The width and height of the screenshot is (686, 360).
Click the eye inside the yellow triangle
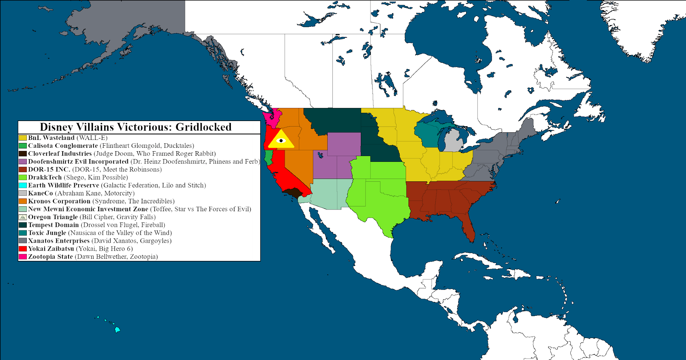click(x=281, y=141)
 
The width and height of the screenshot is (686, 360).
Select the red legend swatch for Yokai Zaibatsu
click(x=23, y=249)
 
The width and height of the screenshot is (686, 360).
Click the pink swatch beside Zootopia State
click(x=23, y=256)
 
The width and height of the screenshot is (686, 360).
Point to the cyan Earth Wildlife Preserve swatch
click(x=23, y=185)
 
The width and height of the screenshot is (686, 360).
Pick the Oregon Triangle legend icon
click(x=23, y=217)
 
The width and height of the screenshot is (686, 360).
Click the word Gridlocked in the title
click(x=203, y=127)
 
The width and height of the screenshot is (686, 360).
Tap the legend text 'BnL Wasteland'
click(x=51, y=138)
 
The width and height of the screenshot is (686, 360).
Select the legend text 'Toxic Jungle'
click(x=47, y=233)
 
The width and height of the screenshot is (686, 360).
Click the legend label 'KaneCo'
click(x=40, y=193)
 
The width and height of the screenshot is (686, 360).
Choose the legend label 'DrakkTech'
click(x=45, y=177)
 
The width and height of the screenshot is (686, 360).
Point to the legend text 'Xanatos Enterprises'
click(x=59, y=241)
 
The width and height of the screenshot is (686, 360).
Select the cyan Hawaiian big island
click(x=117, y=330)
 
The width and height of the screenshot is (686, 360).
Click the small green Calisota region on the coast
click(x=268, y=157)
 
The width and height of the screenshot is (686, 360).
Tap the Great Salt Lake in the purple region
click(x=320, y=155)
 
